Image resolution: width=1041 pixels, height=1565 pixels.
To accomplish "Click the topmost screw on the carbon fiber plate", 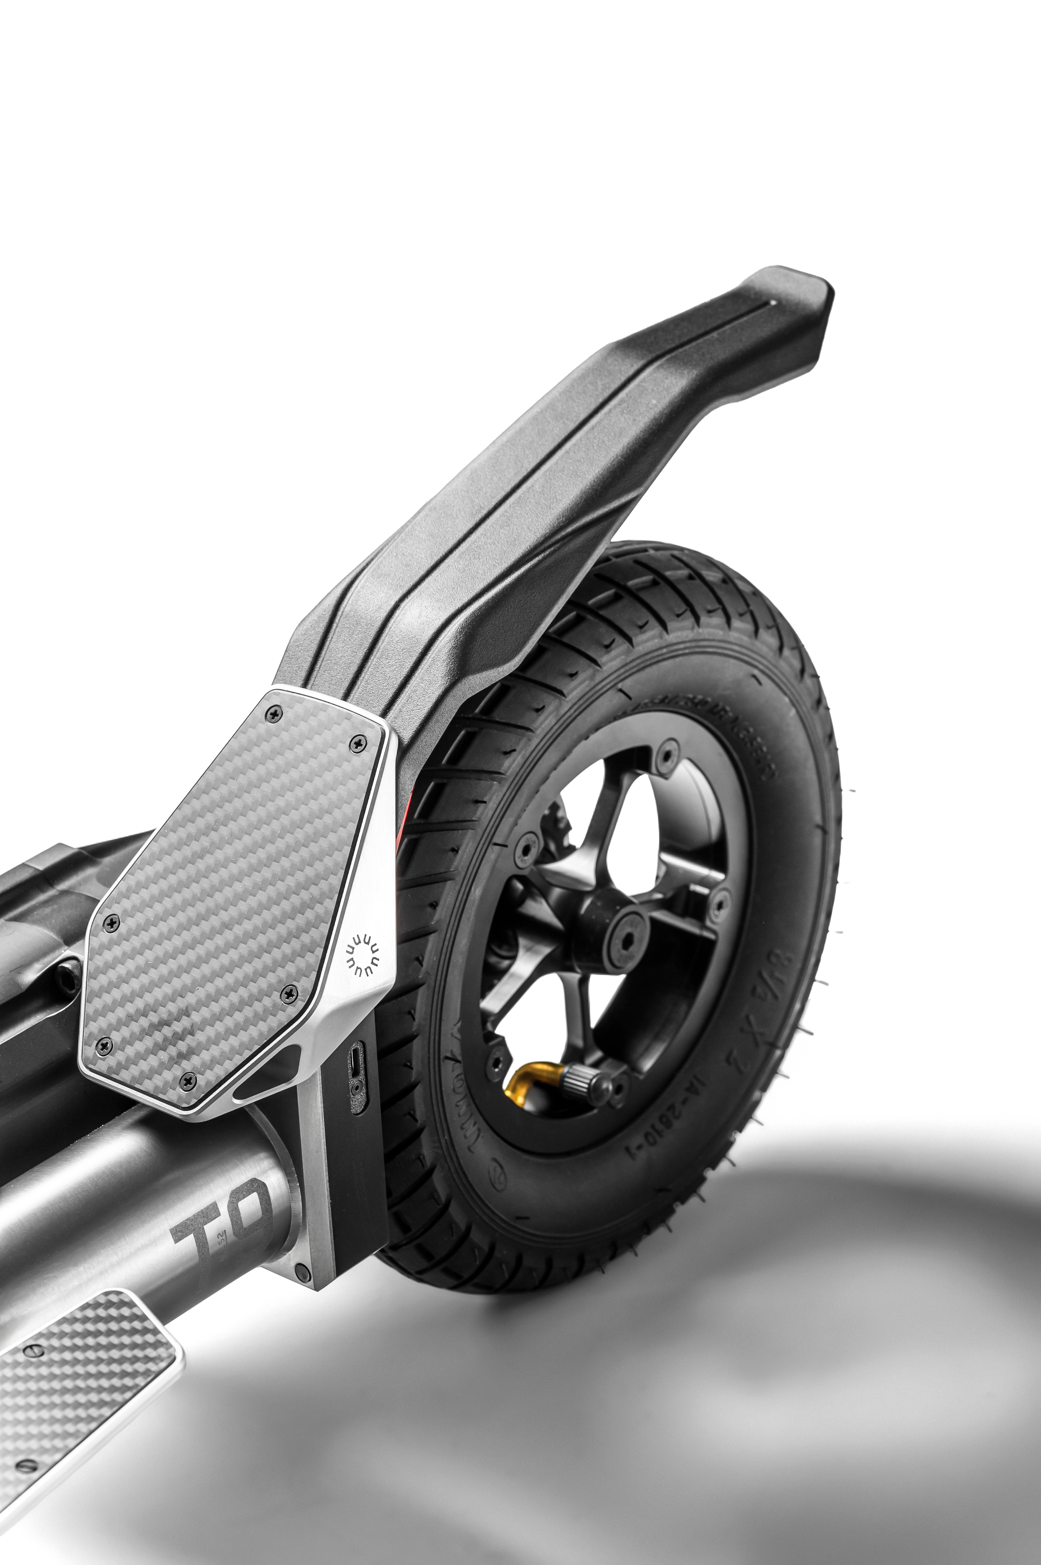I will click(x=271, y=714).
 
